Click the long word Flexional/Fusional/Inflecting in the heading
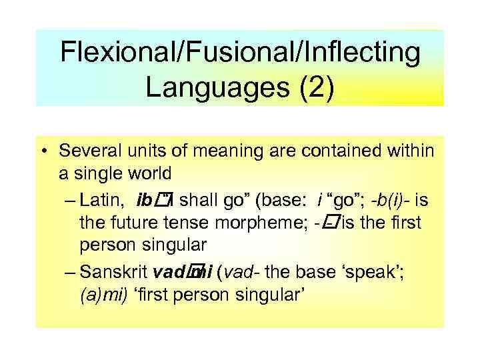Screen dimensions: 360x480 pyautogui.click(x=240, y=53)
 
